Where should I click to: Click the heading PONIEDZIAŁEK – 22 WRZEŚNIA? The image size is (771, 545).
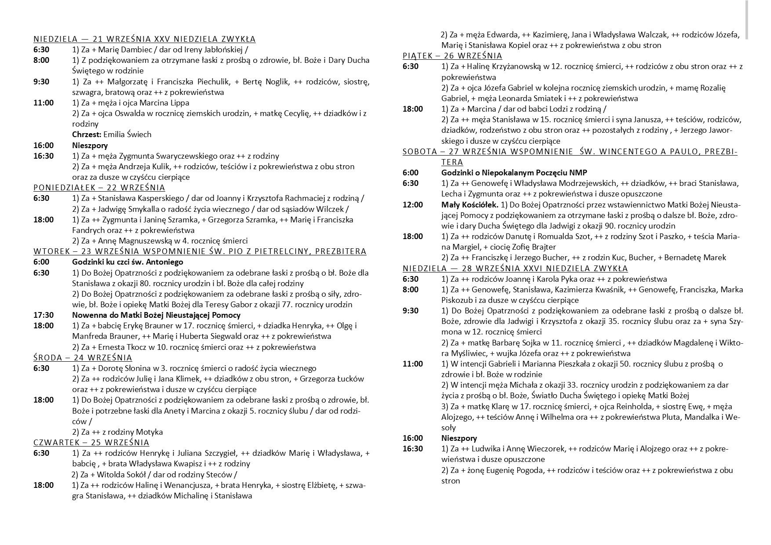point(99,188)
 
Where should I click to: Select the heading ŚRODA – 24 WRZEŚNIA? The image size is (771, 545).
point(83,357)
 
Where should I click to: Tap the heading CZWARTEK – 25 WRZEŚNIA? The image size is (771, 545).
point(91,442)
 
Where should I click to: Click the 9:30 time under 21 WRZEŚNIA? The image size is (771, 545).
point(41,82)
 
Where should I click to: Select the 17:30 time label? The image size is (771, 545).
point(44,315)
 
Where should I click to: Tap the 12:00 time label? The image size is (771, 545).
point(413,205)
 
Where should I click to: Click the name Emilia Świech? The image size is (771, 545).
point(127,134)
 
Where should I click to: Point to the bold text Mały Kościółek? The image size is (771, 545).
point(469,205)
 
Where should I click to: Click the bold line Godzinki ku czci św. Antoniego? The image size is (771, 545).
point(127,262)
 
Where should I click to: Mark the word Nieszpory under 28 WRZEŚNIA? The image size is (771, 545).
point(459,438)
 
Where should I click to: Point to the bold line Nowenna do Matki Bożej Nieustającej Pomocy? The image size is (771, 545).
point(156,315)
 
